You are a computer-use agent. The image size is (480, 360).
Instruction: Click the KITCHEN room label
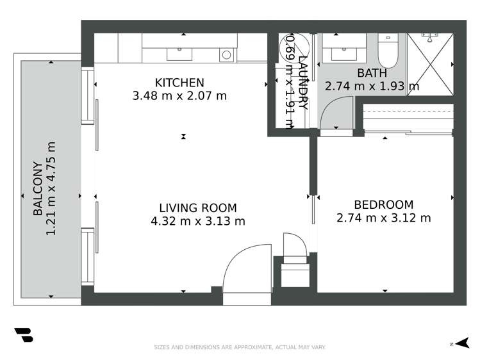point(179,83)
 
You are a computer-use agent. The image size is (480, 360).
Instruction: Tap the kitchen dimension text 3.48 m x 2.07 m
point(179,97)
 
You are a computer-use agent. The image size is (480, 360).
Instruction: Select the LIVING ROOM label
point(197,208)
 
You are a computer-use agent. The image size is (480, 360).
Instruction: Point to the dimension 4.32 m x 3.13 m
point(197,222)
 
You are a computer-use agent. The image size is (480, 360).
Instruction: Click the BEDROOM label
point(383,204)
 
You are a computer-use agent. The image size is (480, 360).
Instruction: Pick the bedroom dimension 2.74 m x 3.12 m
point(383,218)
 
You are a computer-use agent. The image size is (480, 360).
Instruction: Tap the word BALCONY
point(38,188)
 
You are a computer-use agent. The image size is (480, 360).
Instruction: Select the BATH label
point(371,73)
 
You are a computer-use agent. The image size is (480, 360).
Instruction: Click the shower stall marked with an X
point(429,64)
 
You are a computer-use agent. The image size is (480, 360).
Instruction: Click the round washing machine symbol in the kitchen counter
point(226,55)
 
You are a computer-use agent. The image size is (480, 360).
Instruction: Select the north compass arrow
point(464,344)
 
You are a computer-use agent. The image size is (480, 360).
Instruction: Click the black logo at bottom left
point(23,336)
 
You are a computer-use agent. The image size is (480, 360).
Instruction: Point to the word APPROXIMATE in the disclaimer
point(249,347)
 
